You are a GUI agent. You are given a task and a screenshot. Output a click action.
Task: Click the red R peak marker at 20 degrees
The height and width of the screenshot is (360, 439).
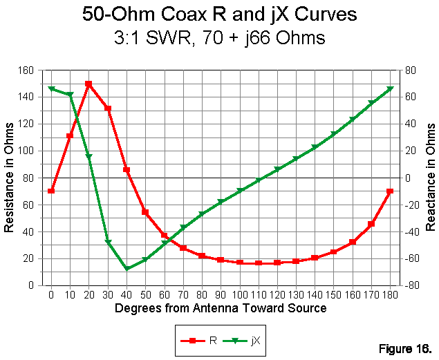[88, 84]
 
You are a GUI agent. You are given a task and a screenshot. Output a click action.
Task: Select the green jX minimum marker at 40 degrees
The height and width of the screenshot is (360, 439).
[127, 268]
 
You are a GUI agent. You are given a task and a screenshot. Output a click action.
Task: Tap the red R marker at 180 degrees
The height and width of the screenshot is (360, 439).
[390, 191]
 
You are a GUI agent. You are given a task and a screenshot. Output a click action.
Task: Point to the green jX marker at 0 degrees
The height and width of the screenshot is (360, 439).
[51, 88]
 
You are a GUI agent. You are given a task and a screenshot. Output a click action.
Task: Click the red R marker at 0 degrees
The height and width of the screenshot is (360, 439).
[51, 191]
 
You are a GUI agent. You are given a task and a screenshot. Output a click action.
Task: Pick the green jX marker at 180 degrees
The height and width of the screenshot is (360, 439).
[390, 88]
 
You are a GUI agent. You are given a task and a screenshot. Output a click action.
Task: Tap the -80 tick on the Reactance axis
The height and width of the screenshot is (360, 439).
[407, 285]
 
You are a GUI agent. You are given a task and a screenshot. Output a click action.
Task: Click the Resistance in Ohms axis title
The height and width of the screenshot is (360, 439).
[9, 177]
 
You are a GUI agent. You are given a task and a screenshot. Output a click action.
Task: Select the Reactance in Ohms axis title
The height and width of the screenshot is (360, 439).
[430, 177]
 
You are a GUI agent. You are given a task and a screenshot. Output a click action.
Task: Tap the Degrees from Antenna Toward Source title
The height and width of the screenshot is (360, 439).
[221, 308]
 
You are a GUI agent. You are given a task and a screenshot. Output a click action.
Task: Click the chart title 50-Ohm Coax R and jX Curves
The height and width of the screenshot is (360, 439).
[219, 15]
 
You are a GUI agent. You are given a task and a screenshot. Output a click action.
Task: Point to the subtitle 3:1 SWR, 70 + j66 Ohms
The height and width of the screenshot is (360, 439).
[219, 37]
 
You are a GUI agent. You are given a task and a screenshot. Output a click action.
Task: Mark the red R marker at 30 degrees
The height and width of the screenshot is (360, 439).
[108, 108]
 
